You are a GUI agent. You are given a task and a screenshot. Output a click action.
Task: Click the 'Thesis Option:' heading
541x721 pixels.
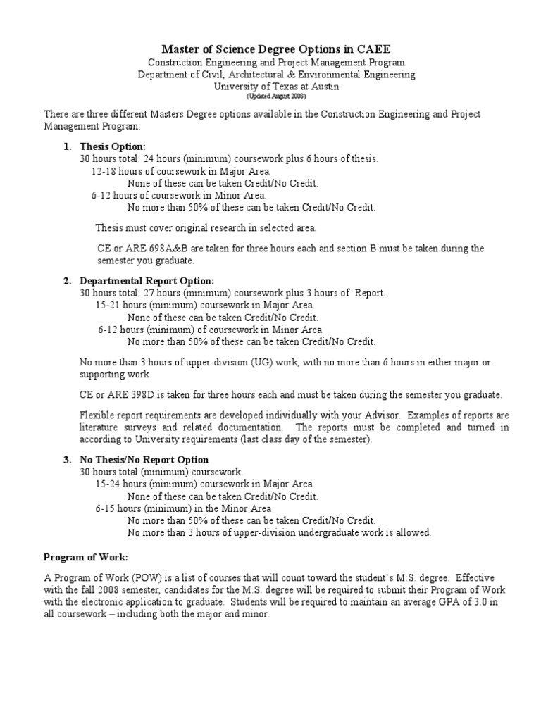[113, 146]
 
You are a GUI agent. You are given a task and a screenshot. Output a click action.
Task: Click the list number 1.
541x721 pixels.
[67, 146]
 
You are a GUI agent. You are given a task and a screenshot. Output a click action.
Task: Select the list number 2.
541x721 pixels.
[67, 281]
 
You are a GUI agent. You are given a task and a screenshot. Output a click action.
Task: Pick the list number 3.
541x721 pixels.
[67, 459]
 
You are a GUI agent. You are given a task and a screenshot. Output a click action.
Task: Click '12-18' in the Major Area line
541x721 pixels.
[104, 171]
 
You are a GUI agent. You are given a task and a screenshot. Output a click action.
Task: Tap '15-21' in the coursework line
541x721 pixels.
[107, 306]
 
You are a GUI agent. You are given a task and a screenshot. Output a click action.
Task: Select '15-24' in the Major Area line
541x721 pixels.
[107, 484]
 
